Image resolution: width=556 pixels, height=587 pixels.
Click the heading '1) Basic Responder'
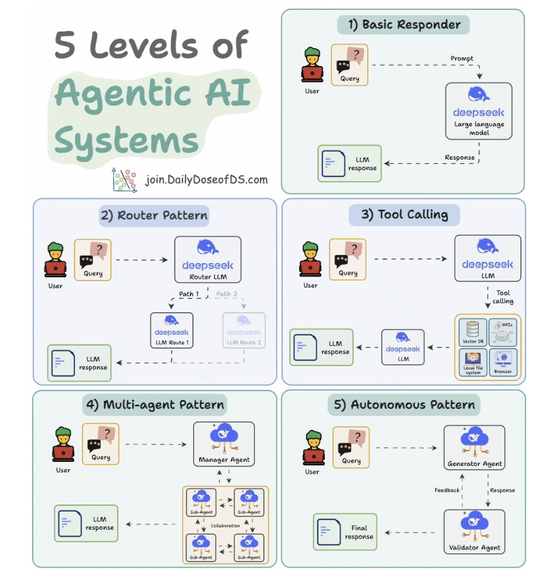(x=403, y=25)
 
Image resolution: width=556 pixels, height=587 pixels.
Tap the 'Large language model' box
(x=479, y=111)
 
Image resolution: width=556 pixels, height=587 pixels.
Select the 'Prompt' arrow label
(x=462, y=58)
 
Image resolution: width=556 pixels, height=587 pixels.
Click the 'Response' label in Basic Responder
(x=459, y=157)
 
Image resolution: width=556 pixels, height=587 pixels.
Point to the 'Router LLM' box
(x=208, y=260)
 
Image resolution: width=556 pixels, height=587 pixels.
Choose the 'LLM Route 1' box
(x=171, y=329)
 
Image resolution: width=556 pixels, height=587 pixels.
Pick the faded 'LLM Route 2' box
(x=243, y=329)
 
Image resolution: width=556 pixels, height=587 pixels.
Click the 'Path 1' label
(x=189, y=294)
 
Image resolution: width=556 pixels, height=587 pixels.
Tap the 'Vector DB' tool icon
(x=473, y=333)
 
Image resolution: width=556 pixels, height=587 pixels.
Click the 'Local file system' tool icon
(x=473, y=362)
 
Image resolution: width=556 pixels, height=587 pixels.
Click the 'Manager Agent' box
(x=224, y=444)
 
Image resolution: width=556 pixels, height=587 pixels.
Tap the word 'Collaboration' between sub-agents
(x=225, y=526)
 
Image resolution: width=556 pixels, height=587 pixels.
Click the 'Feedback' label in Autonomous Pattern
(x=447, y=490)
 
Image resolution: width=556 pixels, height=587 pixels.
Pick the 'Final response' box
(x=345, y=532)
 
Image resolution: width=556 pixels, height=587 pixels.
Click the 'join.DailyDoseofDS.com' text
(x=207, y=179)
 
